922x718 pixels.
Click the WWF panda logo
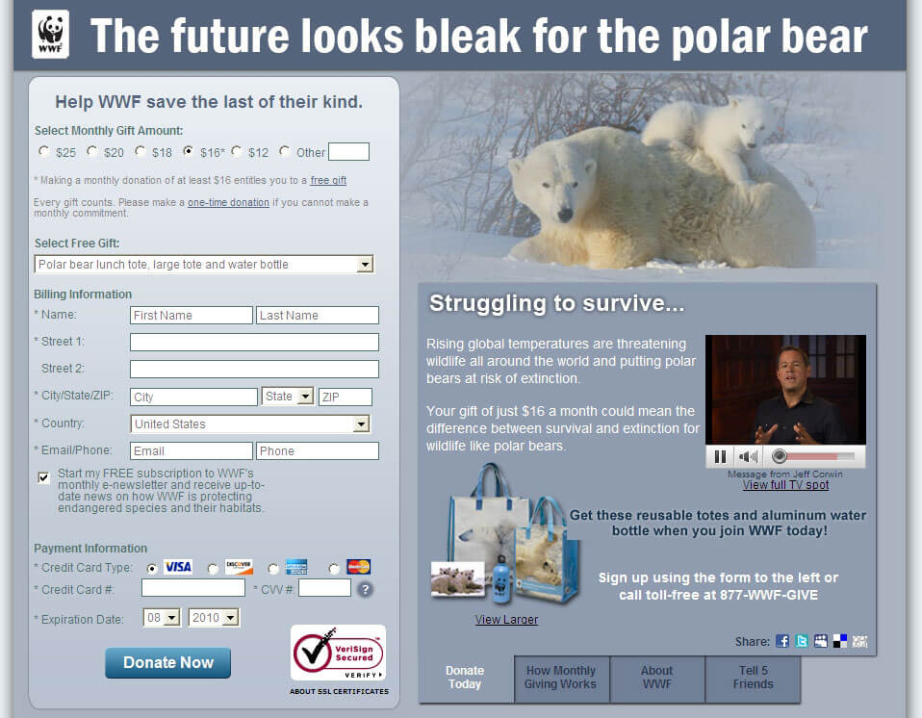tap(51, 34)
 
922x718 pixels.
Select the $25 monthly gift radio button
tap(44, 151)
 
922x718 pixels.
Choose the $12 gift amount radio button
tap(237, 151)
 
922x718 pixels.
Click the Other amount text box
tap(348, 152)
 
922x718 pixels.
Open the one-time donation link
tap(228, 202)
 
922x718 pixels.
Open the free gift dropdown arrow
tap(365, 265)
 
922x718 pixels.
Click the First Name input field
tap(192, 315)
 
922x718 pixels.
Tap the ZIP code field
tap(346, 397)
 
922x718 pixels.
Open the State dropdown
tap(288, 397)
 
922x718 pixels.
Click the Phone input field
tap(318, 451)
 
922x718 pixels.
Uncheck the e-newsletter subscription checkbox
tap(43, 477)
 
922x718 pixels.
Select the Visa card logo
tap(178, 567)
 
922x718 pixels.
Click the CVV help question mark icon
tap(365, 589)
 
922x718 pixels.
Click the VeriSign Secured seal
tap(338, 653)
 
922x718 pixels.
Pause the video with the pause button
tap(720, 456)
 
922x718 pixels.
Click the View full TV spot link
tap(785, 485)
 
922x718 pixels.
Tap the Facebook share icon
tap(782, 641)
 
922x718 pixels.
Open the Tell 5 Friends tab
tap(753, 678)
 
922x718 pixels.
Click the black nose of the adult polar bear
tap(565, 214)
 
